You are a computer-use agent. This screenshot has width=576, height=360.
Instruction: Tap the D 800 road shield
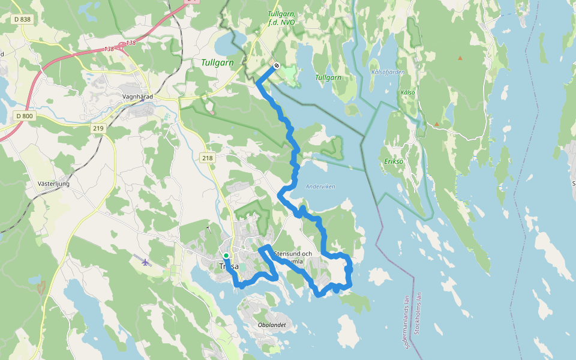25,115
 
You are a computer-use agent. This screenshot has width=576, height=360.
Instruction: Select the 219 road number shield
98,128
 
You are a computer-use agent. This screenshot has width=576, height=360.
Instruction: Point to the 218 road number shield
208,158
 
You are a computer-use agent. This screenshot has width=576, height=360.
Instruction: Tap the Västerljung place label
53,184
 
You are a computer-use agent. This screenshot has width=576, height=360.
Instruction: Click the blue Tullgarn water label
328,78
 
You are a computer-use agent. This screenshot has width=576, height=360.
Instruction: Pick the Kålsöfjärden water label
388,72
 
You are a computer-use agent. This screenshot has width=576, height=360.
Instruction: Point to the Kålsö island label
407,92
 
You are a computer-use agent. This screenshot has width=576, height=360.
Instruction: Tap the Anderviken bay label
320,187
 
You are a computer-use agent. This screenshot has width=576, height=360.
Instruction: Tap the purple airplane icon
145,262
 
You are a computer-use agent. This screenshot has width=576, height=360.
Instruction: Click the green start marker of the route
226,256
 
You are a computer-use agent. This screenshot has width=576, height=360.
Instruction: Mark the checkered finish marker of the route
276,65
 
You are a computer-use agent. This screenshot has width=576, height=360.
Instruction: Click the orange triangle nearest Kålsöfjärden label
460,58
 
